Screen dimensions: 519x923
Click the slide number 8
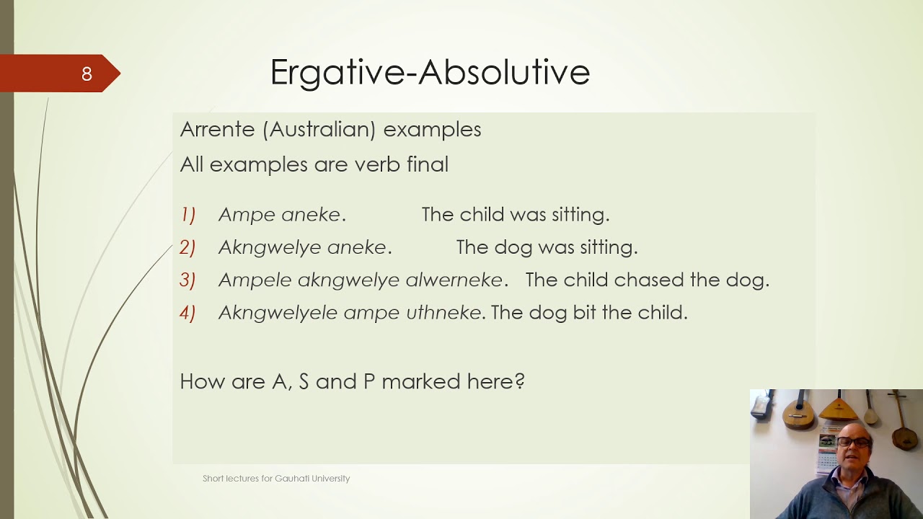pos(87,74)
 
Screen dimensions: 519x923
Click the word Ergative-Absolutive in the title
pos(430,72)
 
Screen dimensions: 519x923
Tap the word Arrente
pos(217,130)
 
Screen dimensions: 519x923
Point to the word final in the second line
pos(427,164)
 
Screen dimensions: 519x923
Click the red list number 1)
pos(187,215)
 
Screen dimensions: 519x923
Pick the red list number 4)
pos(187,313)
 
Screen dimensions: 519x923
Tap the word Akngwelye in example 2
pos(269,247)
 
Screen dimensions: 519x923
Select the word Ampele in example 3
pos(254,280)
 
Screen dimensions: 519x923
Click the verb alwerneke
pos(454,280)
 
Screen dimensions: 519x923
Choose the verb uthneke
pos(443,313)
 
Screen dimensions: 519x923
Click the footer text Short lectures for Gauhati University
pos(276,479)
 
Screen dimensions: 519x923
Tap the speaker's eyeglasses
pos(854,441)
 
